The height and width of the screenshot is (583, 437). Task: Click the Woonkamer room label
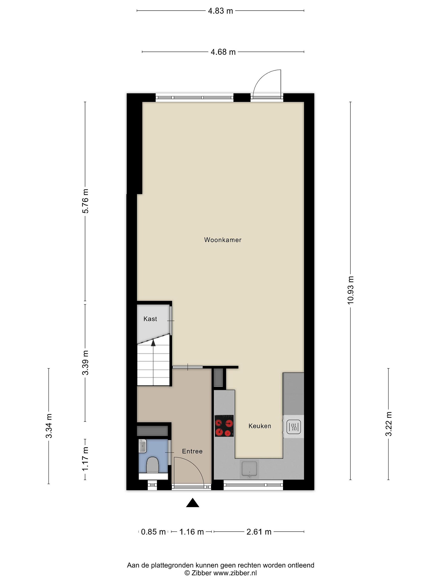[223, 240]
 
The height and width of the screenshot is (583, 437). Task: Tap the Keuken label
[260, 426]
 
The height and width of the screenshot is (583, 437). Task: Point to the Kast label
[150, 319]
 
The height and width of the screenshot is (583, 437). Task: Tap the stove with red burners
[224, 426]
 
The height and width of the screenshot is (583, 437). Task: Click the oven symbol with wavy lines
[293, 427]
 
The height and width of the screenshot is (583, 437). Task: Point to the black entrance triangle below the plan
[193, 503]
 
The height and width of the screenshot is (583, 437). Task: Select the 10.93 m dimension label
[350, 290]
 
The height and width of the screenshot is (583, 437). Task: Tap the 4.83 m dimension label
[221, 11]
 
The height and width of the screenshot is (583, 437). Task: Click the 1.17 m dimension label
[85, 459]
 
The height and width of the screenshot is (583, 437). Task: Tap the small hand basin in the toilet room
[142, 446]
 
